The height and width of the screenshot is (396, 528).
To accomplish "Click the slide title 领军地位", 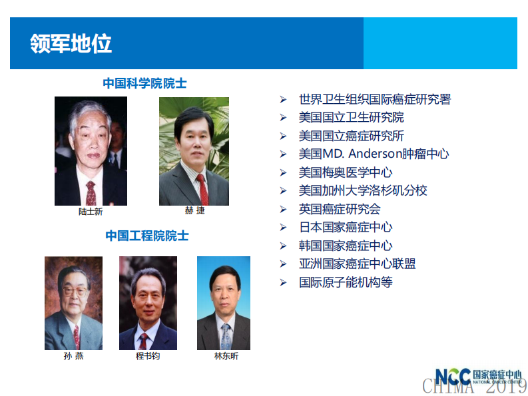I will click(71, 44).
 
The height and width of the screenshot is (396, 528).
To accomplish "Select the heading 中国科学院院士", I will click(144, 83).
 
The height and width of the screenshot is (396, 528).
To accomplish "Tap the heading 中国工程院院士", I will click(146, 236).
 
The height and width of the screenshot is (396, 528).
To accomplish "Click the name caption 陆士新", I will click(91, 212).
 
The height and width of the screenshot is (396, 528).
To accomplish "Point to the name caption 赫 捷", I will click(194, 211).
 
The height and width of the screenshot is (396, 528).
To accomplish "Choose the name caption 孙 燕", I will click(73, 356).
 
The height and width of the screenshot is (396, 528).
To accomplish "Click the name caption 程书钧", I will click(148, 356).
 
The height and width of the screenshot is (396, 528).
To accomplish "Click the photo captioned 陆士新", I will click(91, 151).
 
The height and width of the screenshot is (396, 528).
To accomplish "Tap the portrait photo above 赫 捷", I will click(194, 151).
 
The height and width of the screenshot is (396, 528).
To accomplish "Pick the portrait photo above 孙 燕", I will click(73, 303).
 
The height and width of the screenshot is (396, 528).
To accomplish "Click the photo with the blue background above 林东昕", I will click(224, 303).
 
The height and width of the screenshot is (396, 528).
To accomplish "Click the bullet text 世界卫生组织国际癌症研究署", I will click(375, 100).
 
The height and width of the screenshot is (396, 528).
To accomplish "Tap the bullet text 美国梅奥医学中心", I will click(346, 172).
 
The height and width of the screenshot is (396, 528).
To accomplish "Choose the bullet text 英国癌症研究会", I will click(340, 209).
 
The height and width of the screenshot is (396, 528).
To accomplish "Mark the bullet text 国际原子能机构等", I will click(346, 282).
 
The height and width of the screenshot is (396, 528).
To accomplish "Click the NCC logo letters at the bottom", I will click(453, 377).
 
